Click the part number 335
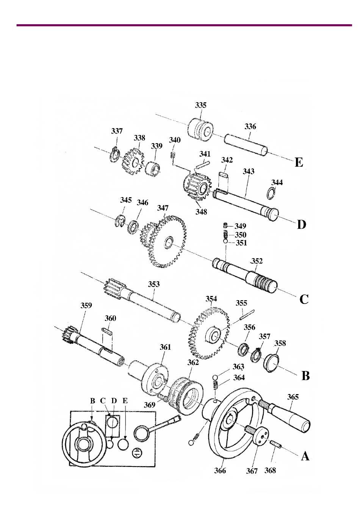200,105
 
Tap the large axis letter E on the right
299,162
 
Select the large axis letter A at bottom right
305,457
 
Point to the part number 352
257,261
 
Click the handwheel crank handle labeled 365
284,415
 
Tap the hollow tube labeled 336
246,145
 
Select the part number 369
149,405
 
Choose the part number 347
163,208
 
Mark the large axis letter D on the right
302,225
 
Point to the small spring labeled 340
173,155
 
